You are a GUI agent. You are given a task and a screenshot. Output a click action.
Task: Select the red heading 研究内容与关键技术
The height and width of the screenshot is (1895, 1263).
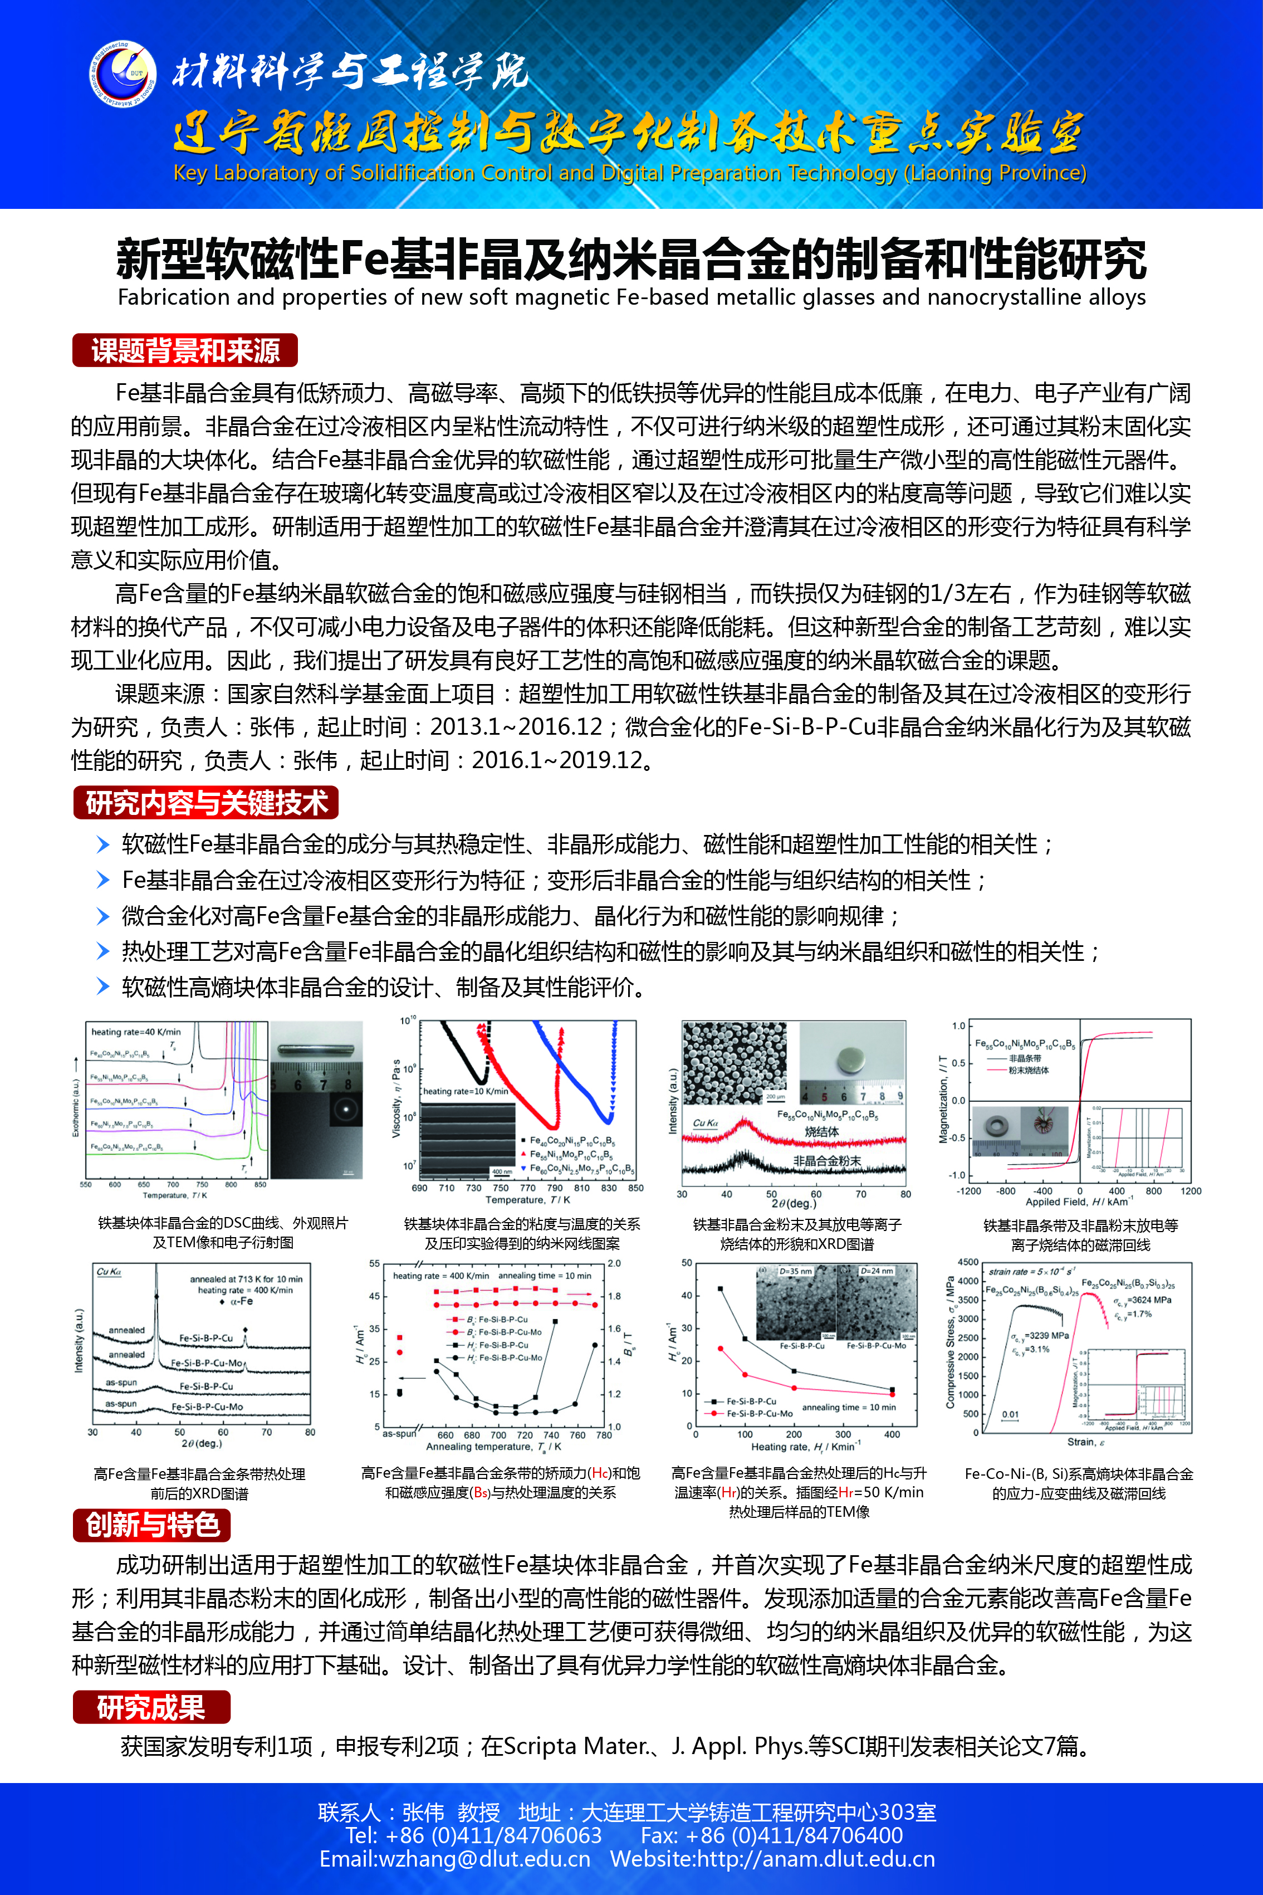206,803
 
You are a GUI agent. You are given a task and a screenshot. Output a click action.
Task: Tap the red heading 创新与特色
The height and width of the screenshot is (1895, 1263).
152,1525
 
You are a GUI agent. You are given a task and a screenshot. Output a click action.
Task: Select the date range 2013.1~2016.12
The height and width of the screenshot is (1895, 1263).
516,727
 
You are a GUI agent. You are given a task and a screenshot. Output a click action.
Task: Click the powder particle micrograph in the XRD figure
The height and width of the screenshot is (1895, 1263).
735,1063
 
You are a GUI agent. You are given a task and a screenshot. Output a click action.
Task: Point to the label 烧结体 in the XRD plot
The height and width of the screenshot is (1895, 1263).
821,1132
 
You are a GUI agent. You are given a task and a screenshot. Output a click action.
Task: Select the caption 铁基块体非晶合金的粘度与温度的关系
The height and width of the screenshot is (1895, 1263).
522,1224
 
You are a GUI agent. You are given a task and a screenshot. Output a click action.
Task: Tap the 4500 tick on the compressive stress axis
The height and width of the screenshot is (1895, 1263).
967,1263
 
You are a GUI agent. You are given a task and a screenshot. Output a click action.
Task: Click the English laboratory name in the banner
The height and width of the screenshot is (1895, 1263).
629,173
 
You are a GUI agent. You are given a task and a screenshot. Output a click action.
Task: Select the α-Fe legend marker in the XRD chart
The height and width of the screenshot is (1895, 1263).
222,1301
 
